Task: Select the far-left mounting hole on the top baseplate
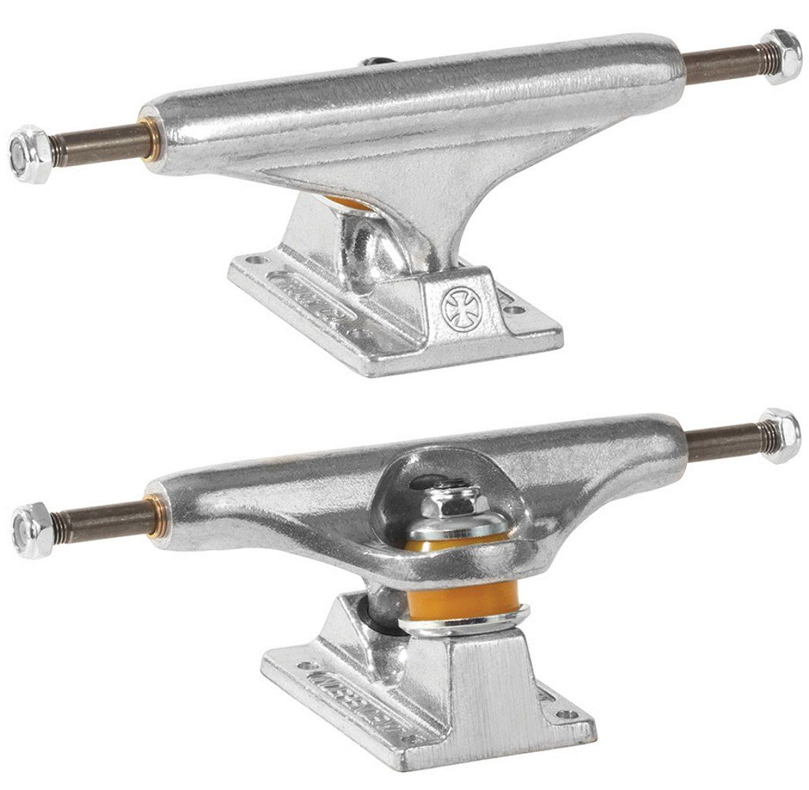pos(253,258)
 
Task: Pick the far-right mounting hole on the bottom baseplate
pos(563,716)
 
